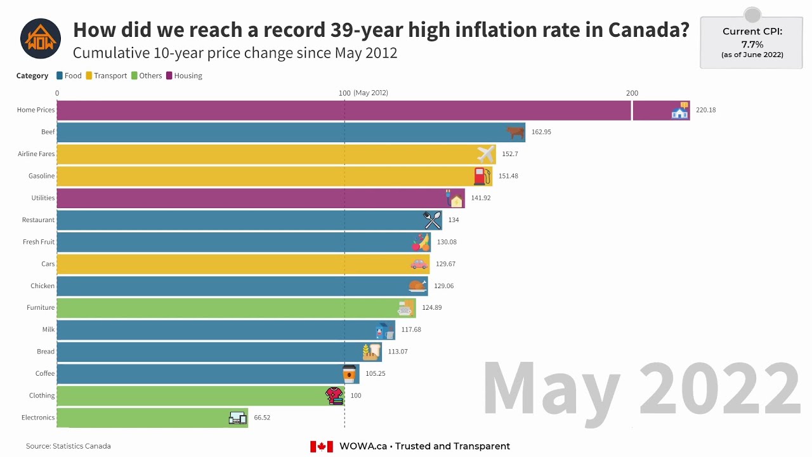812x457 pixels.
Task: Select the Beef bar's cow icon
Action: click(x=515, y=132)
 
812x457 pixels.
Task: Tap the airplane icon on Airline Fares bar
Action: click(x=485, y=154)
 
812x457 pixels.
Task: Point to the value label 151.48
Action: click(x=508, y=176)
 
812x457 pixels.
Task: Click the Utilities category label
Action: click(x=43, y=198)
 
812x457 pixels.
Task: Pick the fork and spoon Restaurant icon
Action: click(x=432, y=220)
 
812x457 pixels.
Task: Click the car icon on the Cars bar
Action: click(x=419, y=263)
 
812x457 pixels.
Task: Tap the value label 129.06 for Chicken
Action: click(x=443, y=286)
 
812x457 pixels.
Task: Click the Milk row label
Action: click(x=48, y=329)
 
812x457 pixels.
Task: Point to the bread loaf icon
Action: click(x=371, y=352)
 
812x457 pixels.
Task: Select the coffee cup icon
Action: click(x=349, y=373)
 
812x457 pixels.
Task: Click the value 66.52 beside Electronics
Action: click(x=262, y=418)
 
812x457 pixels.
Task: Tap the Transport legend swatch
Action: click(x=89, y=76)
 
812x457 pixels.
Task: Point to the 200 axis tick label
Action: click(x=632, y=93)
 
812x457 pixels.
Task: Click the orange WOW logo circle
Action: click(x=41, y=39)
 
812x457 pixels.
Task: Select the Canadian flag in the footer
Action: click(x=322, y=446)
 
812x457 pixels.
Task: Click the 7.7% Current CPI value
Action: click(x=752, y=44)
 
